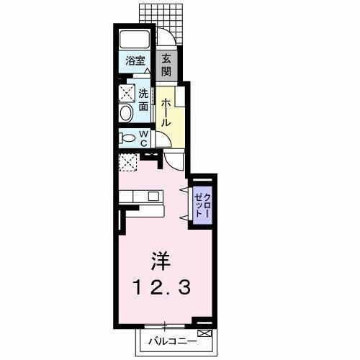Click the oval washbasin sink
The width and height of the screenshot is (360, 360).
click(x=127, y=113)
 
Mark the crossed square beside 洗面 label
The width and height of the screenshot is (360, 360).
click(x=127, y=93)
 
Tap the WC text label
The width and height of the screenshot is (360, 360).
click(x=143, y=138)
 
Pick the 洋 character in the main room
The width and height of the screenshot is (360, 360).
click(x=160, y=258)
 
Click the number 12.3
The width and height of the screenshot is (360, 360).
click(x=160, y=288)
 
